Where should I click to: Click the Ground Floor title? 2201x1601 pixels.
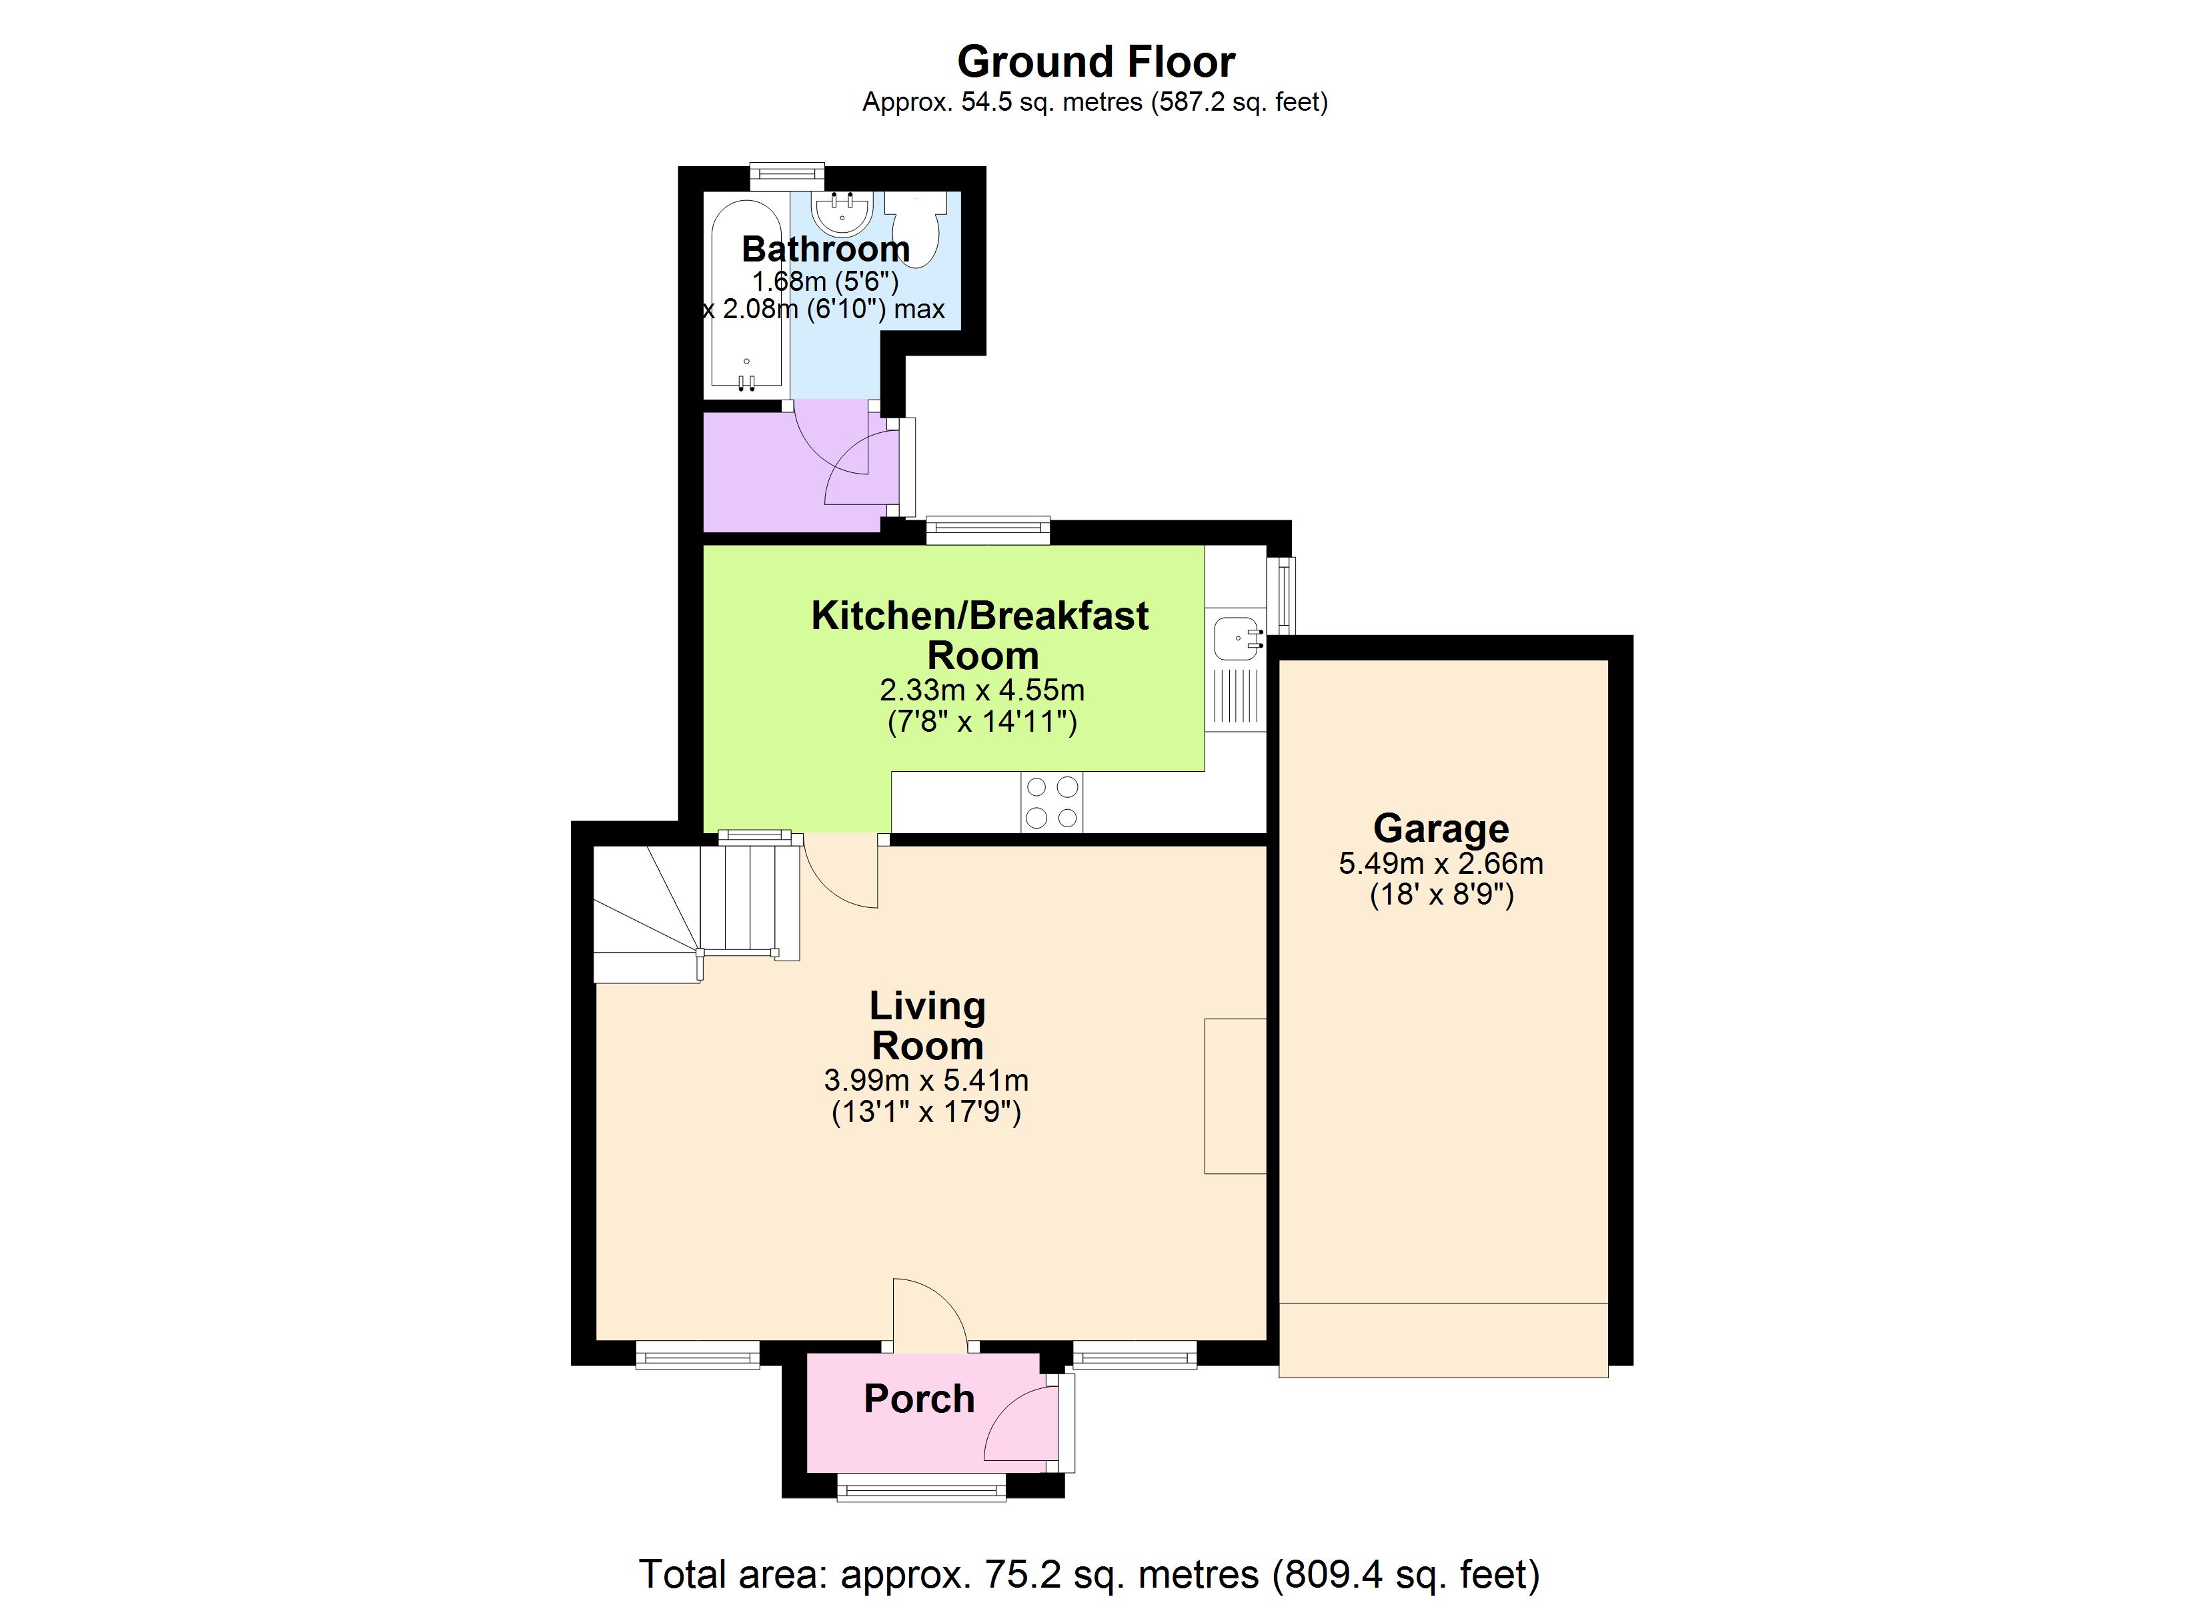click(x=1096, y=62)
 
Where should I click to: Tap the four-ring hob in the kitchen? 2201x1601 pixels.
click(x=1051, y=802)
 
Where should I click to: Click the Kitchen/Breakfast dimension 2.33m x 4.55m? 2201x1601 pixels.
click(x=981, y=690)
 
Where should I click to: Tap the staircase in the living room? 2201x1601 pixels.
click(x=694, y=908)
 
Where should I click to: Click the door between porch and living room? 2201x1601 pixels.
click(x=928, y=1315)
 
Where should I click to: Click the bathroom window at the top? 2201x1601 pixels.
click(x=787, y=175)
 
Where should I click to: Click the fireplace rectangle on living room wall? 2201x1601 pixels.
click(x=1235, y=1095)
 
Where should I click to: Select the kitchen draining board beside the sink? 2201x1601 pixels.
click(x=1235, y=697)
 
